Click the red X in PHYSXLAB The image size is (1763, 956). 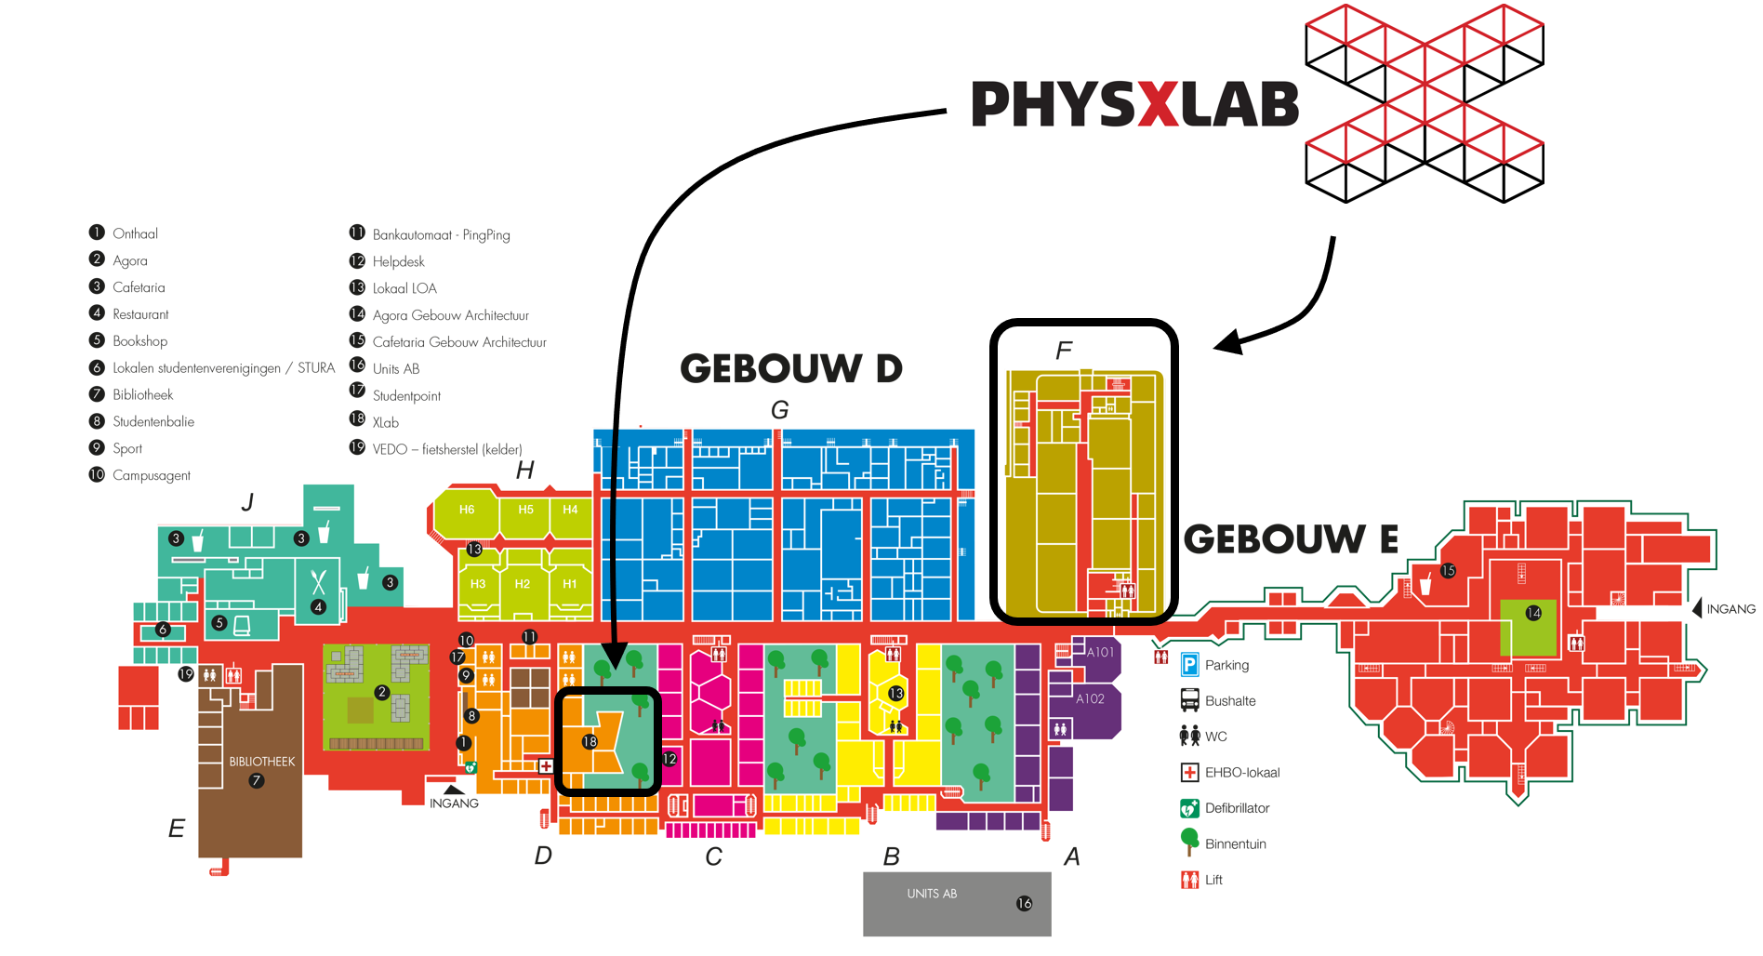pos(1158,104)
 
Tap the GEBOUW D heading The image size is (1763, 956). pos(791,369)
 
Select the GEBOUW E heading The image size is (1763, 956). pos(1291,539)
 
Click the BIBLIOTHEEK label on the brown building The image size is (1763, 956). pos(262,762)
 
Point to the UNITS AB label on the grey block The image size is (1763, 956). pos(932,894)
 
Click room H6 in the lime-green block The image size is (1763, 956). pos(467,510)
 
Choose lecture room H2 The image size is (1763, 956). pos(523,584)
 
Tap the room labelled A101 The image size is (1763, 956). pos(1100,652)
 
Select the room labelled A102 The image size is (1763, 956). pos(1090,698)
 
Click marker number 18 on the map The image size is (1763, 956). pos(590,741)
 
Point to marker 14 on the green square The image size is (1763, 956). pos(1533,613)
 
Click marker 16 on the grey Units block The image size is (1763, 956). pos(1024,903)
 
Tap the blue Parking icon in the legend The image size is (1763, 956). pos(1189,665)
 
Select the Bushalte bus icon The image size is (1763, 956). pos(1189,700)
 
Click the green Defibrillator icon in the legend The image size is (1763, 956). pos(1189,808)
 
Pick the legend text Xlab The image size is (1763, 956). pos(386,422)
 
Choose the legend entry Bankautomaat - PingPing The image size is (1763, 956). pos(441,235)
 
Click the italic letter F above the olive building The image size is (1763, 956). pos(1064,351)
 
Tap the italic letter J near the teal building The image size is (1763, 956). pos(247,503)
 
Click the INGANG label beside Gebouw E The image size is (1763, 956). pos(1730,609)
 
